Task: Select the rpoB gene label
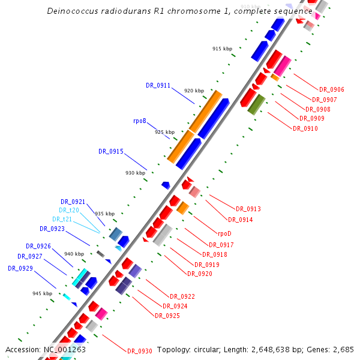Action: pyautogui.click(x=140, y=121)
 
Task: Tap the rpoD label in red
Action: pyautogui.click(x=224, y=234)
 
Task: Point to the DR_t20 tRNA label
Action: pyautogui.click(x=69, y=210)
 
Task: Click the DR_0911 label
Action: pyautogui.click(x=158, y=85)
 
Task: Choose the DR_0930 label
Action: pyautogui.click(x=139, y=351)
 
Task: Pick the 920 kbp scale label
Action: pyautogui.click(x=194, y=91)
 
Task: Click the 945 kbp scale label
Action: pyautogui.click(x=43, y=293)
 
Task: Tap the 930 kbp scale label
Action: pyautogui.click(x=135, y=173)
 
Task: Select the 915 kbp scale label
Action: pyautogui.click(x=222, y=49)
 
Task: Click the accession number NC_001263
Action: pyautogui.click(x=64, y=349)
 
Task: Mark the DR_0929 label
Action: pyautogui.click(x=20, y=268)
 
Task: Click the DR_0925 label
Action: pyautogui.click(x=167, y=316)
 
